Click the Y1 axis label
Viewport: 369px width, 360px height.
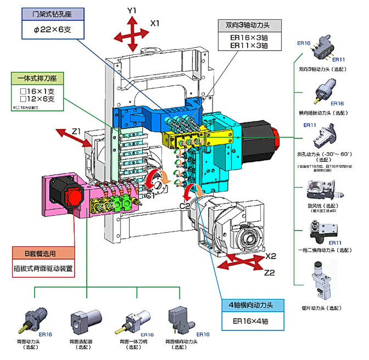pyautogui.click(x=132, y=10)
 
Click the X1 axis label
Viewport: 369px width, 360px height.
pyautogui.click(x=155, y=24)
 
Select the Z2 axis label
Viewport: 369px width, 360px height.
pyautogui.click(x=270, y=273)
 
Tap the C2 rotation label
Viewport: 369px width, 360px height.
pyautogui.click(x=186, y=205)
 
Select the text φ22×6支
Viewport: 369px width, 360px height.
pyautogui.click(x=52, y=30)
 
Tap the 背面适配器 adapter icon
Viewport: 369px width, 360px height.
pyautogui.click(x=84, y=319)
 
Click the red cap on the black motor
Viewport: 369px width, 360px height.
pyautogui.click(x=73, y=196)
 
